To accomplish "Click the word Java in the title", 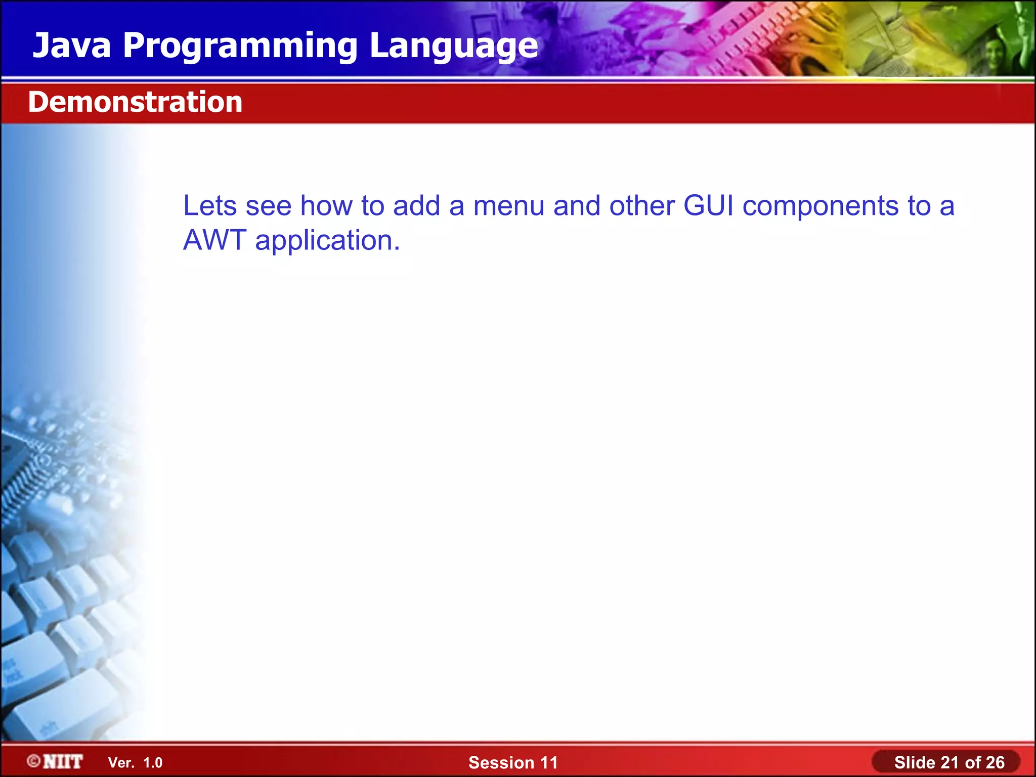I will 71,46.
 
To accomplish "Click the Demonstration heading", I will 135,102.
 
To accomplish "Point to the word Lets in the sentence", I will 209,206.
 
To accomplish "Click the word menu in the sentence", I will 508,206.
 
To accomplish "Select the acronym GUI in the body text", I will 708,206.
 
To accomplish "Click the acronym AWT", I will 214,240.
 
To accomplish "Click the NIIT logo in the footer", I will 62,761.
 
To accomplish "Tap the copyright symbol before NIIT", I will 34,761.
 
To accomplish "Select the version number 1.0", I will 153,763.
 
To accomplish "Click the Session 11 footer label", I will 512,762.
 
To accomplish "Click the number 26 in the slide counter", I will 995,762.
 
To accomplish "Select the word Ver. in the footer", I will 121,763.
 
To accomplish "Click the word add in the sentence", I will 416,206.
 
